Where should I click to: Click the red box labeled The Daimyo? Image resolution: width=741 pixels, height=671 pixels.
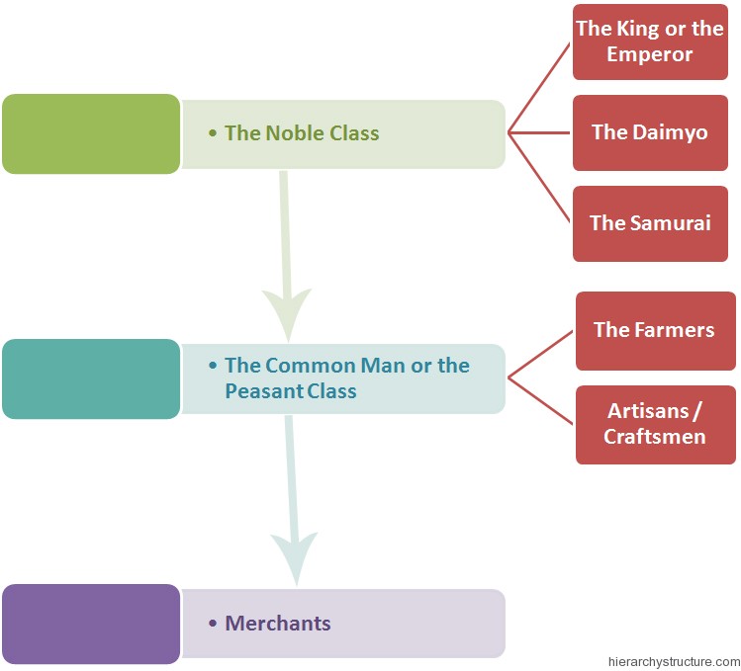point(650,132)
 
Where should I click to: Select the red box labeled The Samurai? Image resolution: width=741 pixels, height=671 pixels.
point(650,223)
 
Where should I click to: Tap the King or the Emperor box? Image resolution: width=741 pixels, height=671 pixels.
point(650,42)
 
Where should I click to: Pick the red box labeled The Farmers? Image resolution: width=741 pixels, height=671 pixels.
point(656,330)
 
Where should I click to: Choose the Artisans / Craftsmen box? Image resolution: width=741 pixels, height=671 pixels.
point(656,425)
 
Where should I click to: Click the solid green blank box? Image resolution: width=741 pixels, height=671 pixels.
point(91,133)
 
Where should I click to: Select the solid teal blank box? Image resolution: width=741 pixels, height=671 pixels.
point(91,378)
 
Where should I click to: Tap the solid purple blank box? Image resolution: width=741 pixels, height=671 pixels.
point(91,624)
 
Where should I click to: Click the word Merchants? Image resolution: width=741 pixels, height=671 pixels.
point(278,624)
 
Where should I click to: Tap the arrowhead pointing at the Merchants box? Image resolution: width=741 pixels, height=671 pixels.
point(295,558)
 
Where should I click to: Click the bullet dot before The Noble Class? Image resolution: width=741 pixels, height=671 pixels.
point(213,133)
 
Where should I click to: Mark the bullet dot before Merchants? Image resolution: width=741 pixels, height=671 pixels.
point(213,624)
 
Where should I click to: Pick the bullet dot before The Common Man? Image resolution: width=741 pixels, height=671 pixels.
point(213,366)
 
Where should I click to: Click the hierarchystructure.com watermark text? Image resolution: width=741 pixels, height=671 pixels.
point(675,662)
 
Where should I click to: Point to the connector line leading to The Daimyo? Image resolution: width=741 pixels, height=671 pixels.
point(539,132)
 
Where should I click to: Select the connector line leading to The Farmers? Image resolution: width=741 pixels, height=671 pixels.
point(540,354)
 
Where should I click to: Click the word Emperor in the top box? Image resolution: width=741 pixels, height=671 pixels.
point(650,54)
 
